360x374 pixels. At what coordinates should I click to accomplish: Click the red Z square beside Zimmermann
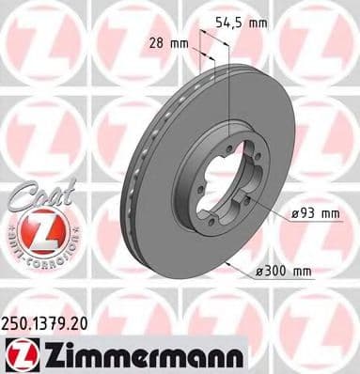[20, 353]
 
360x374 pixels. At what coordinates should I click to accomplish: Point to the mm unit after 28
[180, 43]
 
